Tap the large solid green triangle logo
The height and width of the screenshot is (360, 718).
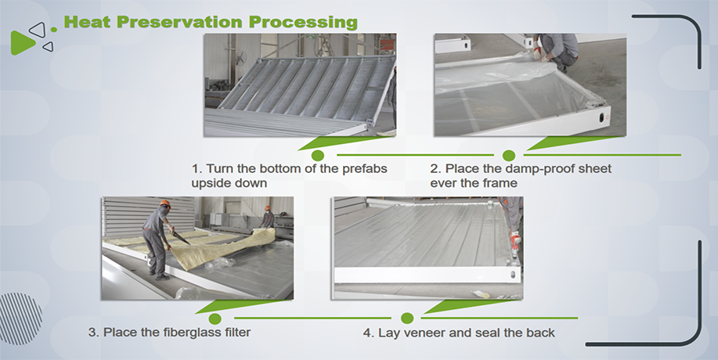(x=22, y=43)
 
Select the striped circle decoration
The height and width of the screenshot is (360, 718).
(x=20, y=319)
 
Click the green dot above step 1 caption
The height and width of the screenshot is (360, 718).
(x=317, y=155)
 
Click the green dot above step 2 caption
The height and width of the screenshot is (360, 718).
(x=509, y=155)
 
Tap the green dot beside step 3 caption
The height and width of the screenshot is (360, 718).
(x=215, y=319)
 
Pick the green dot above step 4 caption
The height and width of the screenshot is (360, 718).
(x=407, y=318)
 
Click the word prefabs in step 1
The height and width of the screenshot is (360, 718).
(x=365, y=169)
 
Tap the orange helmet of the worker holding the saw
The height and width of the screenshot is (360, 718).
(x=165, y=203)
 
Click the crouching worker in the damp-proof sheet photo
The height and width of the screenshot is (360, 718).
(x=555, y=52)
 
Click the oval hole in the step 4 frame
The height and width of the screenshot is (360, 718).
(x=511, y=275)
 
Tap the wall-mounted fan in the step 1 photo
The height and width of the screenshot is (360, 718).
(x=239, y=58)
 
